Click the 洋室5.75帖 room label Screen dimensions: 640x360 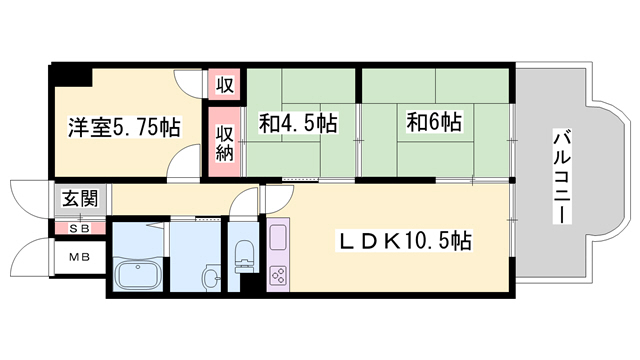[x=124, y=127]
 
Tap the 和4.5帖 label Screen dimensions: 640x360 [x=298, y=123]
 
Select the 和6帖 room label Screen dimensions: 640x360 [x=434, y=122]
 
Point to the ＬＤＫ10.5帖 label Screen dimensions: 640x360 [x=404, y=241]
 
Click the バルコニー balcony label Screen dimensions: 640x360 [x=562, y=176]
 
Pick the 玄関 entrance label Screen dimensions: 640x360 [x=80, y=199]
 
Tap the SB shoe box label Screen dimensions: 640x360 [x=80, y=229]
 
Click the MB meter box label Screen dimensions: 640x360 [x=79, y=257]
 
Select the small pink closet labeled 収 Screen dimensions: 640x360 [x=225, y=84]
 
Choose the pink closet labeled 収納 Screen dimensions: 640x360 [x=225, y=142]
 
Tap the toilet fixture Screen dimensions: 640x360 [x=244, y=255]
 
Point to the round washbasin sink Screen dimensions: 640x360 [x=211, y=276]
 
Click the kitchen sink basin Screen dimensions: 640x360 [x=279, y=237]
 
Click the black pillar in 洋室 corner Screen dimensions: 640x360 [x=70, y=75]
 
